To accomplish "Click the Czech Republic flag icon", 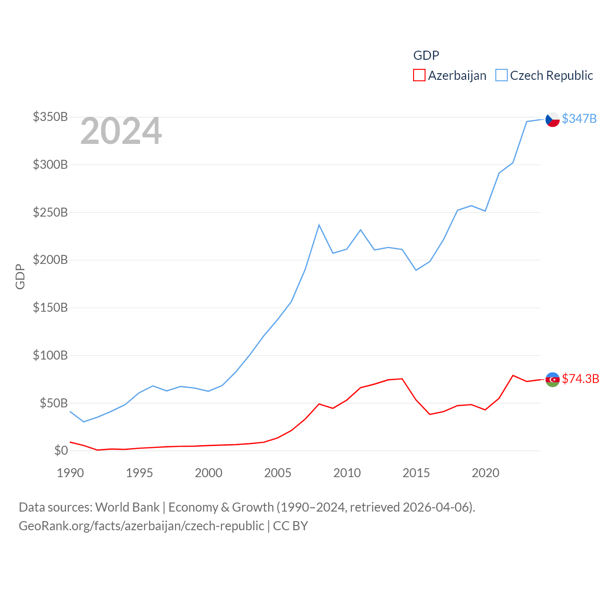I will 552,119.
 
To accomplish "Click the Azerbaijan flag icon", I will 552,379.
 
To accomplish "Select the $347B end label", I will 579,119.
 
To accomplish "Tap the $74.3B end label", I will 580,379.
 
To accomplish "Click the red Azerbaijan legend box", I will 419,76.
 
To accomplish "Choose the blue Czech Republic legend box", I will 501,76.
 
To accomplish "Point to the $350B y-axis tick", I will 50,117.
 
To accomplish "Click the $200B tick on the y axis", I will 50,260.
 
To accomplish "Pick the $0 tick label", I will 61,450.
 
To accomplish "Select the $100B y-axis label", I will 50,355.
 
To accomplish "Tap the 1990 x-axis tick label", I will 70,473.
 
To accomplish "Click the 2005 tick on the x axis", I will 278,473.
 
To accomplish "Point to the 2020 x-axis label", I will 485,473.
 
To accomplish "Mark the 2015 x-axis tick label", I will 416,473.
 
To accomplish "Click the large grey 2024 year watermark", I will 121,131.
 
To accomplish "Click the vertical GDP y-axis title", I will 20,276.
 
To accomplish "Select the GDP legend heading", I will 426,55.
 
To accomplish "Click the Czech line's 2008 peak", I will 319,225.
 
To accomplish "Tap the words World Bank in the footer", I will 127,507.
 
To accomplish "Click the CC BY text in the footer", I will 290,526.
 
